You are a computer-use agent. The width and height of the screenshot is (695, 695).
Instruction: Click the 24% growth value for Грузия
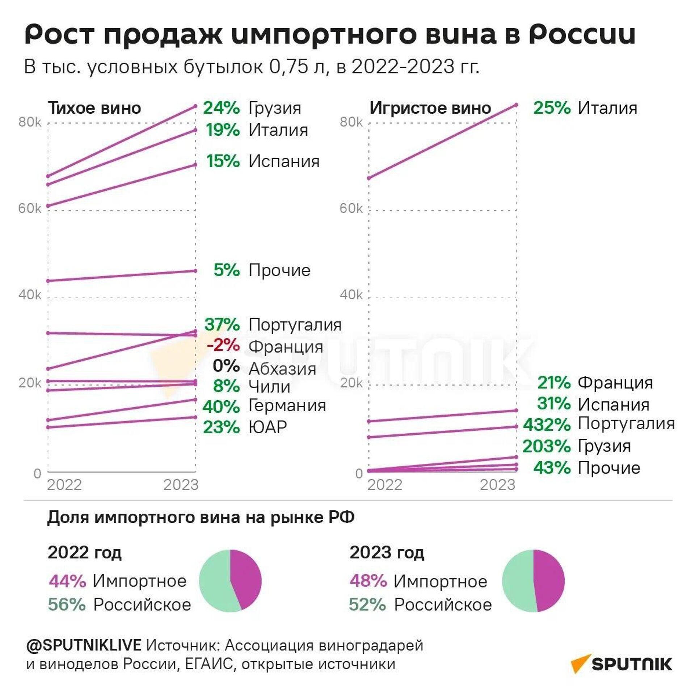click(x=221, y=108)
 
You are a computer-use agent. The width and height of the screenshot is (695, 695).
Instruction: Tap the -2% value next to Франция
click(x=223, y=345)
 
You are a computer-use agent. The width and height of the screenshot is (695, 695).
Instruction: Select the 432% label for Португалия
click(x=547, y=425)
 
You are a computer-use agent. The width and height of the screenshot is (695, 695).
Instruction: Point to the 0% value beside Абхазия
click(x=226, y=366)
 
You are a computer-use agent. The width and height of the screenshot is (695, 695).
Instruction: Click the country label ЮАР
click(x=268, y=427)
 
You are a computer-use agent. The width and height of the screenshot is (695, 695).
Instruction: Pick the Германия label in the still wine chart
click(x=287, y=405)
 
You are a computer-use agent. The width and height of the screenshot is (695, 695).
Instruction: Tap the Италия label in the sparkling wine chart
click(x=607, y=108)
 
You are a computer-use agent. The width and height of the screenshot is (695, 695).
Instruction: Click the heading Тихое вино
click(x=94, y=108)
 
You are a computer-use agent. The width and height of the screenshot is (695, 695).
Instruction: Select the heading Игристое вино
click(x=430, y=108)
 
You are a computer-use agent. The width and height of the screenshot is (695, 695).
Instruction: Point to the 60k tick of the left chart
click(x=30, y=208)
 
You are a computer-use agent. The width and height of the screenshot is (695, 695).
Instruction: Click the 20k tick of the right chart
click(x=351, y=383)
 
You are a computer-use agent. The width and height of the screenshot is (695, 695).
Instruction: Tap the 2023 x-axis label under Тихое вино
click(x=181, y=485)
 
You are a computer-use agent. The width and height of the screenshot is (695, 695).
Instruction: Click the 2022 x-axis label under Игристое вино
click(x=385, y=485)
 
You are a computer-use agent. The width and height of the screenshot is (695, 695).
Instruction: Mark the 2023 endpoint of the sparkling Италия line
click(x=516, y=105)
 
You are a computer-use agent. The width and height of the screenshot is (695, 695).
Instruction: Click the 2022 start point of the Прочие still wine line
click(x=48, y=281)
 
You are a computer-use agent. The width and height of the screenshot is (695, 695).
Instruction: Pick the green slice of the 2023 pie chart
click(x=518, y=581)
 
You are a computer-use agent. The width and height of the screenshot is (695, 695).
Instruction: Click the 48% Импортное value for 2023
click(x=368, y=581)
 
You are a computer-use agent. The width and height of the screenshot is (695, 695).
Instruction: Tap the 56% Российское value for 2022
click(x=67, y=605)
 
